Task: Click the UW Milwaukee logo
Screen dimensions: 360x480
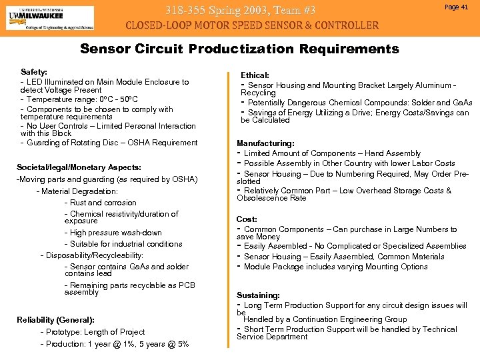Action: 50,17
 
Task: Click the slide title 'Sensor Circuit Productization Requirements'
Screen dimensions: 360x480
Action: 239,49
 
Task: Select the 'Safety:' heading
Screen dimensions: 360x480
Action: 34,71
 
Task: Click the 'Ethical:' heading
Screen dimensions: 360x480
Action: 255,76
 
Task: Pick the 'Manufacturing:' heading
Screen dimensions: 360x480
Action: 265,143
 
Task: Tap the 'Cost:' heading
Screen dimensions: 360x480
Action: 247,219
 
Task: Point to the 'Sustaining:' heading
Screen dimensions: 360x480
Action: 258,295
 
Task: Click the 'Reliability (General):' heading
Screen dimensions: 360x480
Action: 55,320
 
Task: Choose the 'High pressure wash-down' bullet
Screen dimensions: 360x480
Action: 115,233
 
